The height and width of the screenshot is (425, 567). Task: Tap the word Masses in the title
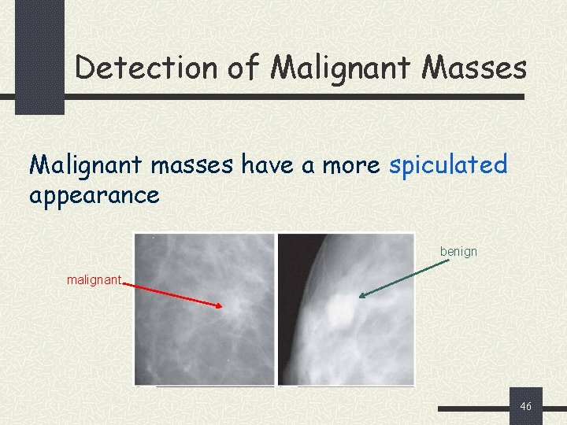pos(474,68)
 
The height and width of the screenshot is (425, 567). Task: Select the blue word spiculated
pos(449,165)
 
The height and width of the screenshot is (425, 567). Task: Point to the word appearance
pos(94,194)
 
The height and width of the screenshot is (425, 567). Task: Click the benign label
pos(458,252)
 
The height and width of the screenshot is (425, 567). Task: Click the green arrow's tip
pos(360,297)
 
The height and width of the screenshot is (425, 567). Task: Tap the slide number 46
pos(526,406)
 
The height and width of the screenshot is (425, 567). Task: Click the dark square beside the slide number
pos(525,406)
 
